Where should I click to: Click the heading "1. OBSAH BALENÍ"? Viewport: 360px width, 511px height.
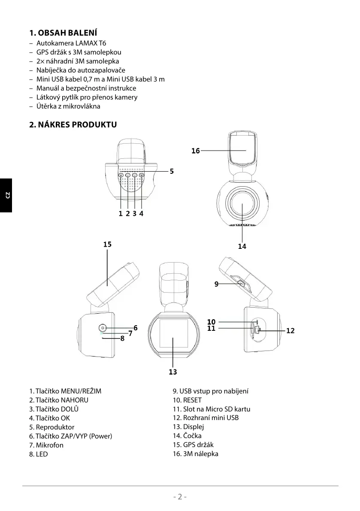63,33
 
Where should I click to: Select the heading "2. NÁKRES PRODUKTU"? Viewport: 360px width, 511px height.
73,125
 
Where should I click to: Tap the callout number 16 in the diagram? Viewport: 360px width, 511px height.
196,151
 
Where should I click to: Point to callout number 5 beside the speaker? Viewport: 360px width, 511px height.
172,171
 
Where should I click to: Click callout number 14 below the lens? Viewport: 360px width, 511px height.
242,246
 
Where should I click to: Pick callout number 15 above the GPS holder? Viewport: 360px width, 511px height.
107,245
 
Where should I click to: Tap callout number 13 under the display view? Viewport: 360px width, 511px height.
173,372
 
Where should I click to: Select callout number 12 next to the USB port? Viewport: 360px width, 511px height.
290,331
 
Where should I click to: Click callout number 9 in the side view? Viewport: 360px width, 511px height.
217,284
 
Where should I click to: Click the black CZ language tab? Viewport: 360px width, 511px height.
6,196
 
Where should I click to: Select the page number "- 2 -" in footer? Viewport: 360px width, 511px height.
180,497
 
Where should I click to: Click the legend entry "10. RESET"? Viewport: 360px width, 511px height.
187,400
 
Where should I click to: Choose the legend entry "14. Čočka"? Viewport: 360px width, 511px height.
187,436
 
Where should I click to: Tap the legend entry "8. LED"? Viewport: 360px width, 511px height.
39,454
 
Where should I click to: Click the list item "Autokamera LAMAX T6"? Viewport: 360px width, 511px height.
71,43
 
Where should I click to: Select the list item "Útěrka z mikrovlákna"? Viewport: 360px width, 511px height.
68,106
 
